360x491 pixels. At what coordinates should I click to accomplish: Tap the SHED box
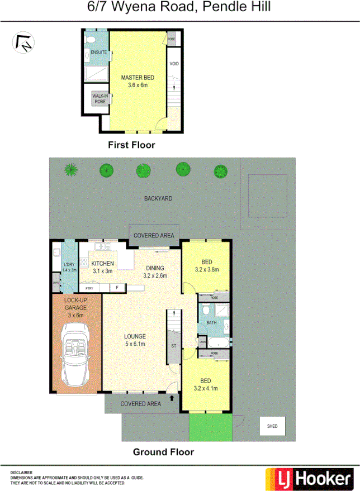pos(272,426)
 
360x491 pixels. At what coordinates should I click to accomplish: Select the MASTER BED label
pos(138,78)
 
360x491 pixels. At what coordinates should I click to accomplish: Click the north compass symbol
pos(23,42)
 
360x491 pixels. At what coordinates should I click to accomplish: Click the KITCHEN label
pos(103,264)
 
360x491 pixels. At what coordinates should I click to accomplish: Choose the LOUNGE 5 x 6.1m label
pos(135,340)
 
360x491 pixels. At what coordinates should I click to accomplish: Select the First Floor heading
pos(131,145)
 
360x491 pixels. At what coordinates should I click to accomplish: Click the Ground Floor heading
pos(163,452)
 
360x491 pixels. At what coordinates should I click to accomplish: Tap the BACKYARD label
pos(158,198)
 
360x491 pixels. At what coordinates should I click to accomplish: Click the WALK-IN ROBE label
pos(100,99)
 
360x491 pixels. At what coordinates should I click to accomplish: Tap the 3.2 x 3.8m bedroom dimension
pos(206,269)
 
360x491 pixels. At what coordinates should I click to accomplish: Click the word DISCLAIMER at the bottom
pos(21,473)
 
